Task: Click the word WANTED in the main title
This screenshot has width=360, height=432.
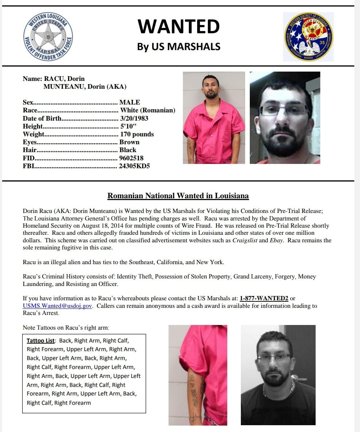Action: click(179, 26)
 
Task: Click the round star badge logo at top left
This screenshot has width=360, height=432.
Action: click(48, 36)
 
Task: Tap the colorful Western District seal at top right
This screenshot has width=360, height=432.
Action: click(308, 37)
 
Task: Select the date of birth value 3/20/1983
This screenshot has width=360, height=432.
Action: click(134, 118)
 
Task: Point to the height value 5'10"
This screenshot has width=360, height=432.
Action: click(128, 126)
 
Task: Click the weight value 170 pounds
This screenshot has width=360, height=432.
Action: click(136, 134)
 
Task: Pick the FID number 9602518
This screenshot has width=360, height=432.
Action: click(131, 158)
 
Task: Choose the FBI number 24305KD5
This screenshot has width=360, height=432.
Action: click(134, 166)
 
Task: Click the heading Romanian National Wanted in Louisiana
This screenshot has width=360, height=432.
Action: click(178, 196)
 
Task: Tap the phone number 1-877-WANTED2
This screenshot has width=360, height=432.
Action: click(264, 298)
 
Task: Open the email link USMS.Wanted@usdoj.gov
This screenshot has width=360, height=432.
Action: click(58, 306)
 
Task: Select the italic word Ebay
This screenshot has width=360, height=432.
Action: click(277, 240)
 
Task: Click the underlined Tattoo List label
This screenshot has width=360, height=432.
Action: click(41, 340)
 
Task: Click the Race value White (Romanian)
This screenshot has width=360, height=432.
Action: click(147, 110)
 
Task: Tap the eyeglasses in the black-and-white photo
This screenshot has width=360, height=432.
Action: click(275, 358)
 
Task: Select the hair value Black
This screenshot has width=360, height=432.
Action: click(128, 150)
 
